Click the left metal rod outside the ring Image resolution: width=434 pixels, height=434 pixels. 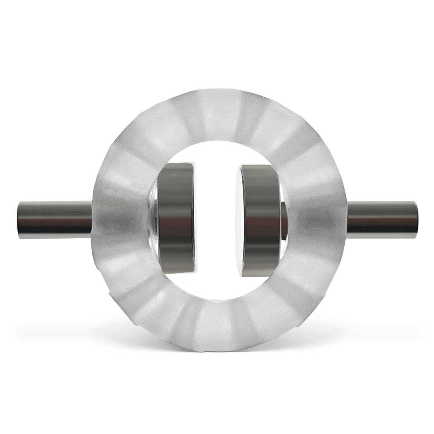pyautogui.click(x=54, y=217)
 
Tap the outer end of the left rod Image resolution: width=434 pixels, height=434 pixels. pyautogui.click(x=18, y=217)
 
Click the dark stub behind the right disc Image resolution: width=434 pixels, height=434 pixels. pyautogui.click(x=284, y=217)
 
